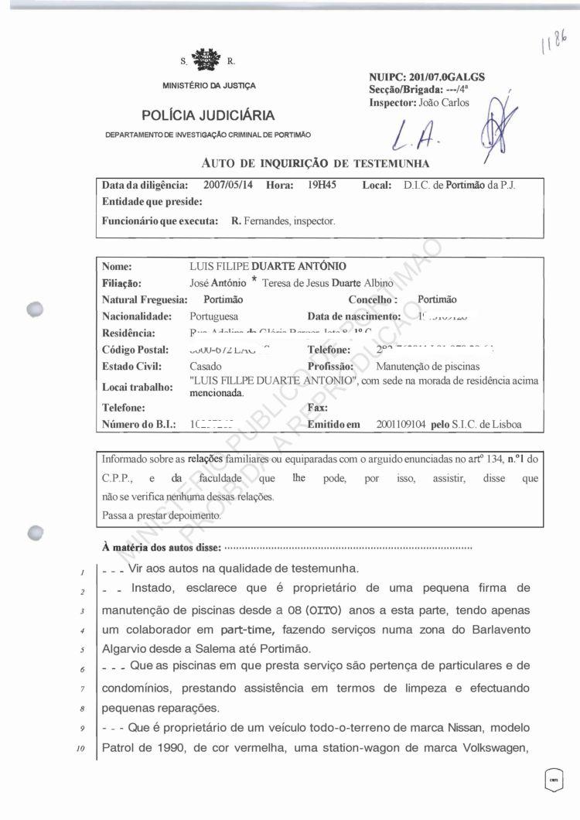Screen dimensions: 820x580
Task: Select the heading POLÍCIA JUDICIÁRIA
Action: click(208, 116)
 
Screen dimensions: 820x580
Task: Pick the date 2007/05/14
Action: click(228, 186)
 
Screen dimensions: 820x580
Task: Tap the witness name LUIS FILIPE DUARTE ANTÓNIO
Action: click(263, 266)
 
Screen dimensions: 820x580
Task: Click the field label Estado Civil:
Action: click(130, 366)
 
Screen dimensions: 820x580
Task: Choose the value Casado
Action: click(205, 366)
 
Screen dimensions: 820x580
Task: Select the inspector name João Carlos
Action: click(443, 102)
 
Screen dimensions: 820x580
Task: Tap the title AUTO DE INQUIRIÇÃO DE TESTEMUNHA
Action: click(315, 163)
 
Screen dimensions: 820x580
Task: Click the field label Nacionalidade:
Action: click(138, 316)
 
